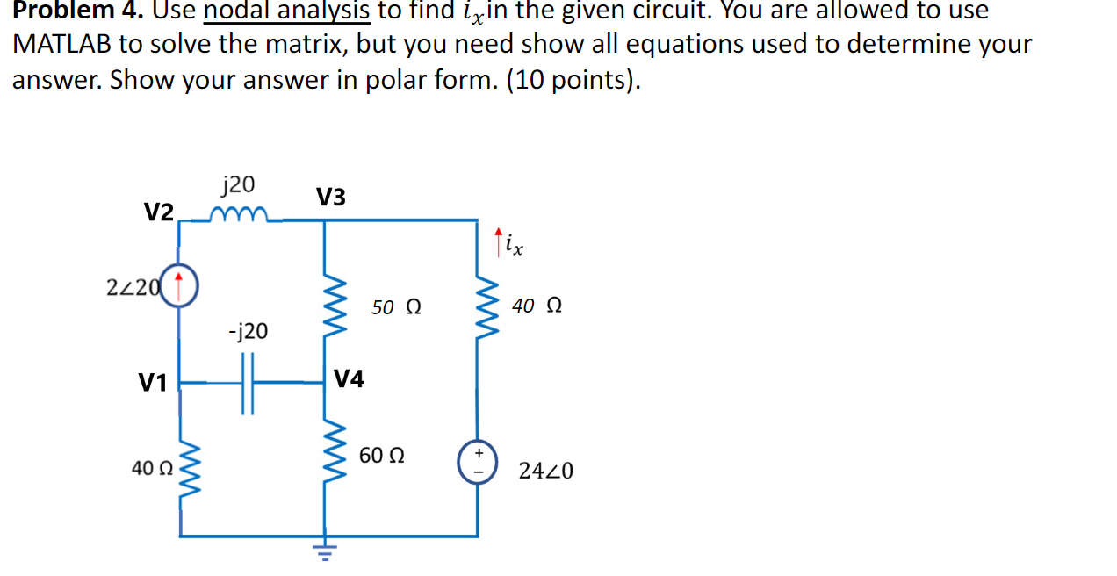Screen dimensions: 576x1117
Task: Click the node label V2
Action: point(158,212)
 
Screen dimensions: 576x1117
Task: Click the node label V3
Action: point(331,198)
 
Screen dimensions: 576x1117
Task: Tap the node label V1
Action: point(153,383)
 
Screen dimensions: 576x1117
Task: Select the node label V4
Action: point(349,379)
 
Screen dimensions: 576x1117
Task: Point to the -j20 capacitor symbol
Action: point(248,383)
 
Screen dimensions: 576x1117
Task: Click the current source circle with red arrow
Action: point(179,284)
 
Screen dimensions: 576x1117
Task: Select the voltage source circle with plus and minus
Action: point(478,464)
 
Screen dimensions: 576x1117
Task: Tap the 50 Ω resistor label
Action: point(396,307)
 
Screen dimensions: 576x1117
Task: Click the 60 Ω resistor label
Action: point(382,456)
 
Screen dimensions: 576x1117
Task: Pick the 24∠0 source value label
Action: point(545,472)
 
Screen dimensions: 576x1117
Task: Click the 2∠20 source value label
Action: point(133,286)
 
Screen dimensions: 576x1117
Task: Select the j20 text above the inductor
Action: point(238,184)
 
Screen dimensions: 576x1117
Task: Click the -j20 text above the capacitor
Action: point(248,332)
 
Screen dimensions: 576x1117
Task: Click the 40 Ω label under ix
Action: point(537,306)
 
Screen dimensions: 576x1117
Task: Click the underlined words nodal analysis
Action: point(287,11)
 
